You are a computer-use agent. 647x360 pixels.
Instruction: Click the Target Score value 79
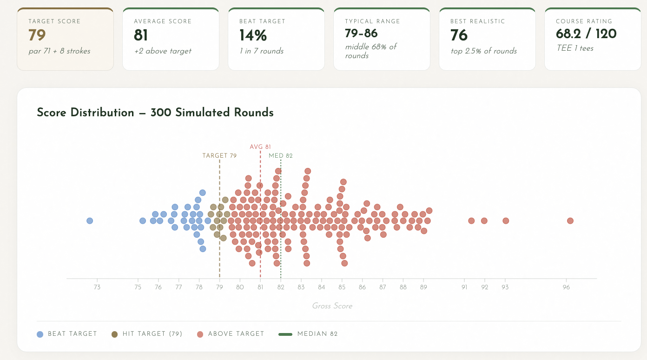point(37,35)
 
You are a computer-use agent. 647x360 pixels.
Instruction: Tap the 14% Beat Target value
point(253,35)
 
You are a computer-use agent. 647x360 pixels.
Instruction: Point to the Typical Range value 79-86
point(361,33)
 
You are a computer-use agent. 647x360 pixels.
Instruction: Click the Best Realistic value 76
point(459,35)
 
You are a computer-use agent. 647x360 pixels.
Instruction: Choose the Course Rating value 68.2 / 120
point(586,33)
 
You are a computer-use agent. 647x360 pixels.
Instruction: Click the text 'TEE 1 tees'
point(574,48)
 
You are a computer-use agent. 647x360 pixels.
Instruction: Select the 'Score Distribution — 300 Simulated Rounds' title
point(155,113)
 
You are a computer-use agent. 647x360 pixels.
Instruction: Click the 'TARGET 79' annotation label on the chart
point(219,156)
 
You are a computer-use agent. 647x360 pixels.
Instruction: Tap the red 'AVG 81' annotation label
point(260,147)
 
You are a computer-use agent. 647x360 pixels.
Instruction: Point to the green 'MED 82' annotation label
point(281,156)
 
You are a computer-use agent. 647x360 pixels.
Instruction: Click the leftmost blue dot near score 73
point(90,220)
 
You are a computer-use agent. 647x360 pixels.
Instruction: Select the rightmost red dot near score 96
point(570,220)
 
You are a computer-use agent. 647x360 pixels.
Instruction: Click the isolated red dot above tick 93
point(506,220)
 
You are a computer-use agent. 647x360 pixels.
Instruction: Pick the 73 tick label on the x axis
point(97,287)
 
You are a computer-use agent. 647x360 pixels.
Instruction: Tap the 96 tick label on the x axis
point(566,287)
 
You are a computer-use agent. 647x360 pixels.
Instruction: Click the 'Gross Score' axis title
point(332,306)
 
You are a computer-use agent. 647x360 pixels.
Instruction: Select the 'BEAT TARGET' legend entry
point(67,334)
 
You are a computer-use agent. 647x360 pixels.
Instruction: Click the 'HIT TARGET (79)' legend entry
point(147,334)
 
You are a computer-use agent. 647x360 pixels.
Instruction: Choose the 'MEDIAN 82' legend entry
point(308,334)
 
